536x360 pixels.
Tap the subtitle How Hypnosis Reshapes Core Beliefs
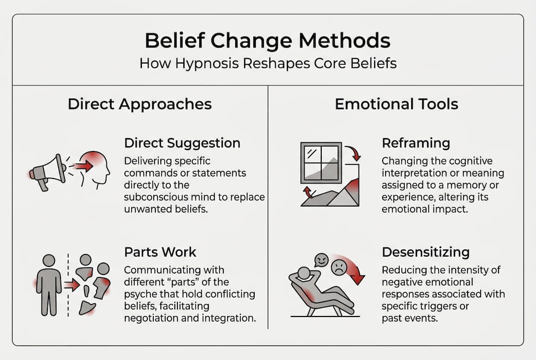268,64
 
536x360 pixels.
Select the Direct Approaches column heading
139,104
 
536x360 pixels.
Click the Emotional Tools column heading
396,104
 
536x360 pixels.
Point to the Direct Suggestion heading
182,143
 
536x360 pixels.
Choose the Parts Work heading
160,252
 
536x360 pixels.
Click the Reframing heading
416,143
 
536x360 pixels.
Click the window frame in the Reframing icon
321,162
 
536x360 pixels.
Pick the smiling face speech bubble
321,260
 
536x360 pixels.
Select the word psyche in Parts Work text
139,293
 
